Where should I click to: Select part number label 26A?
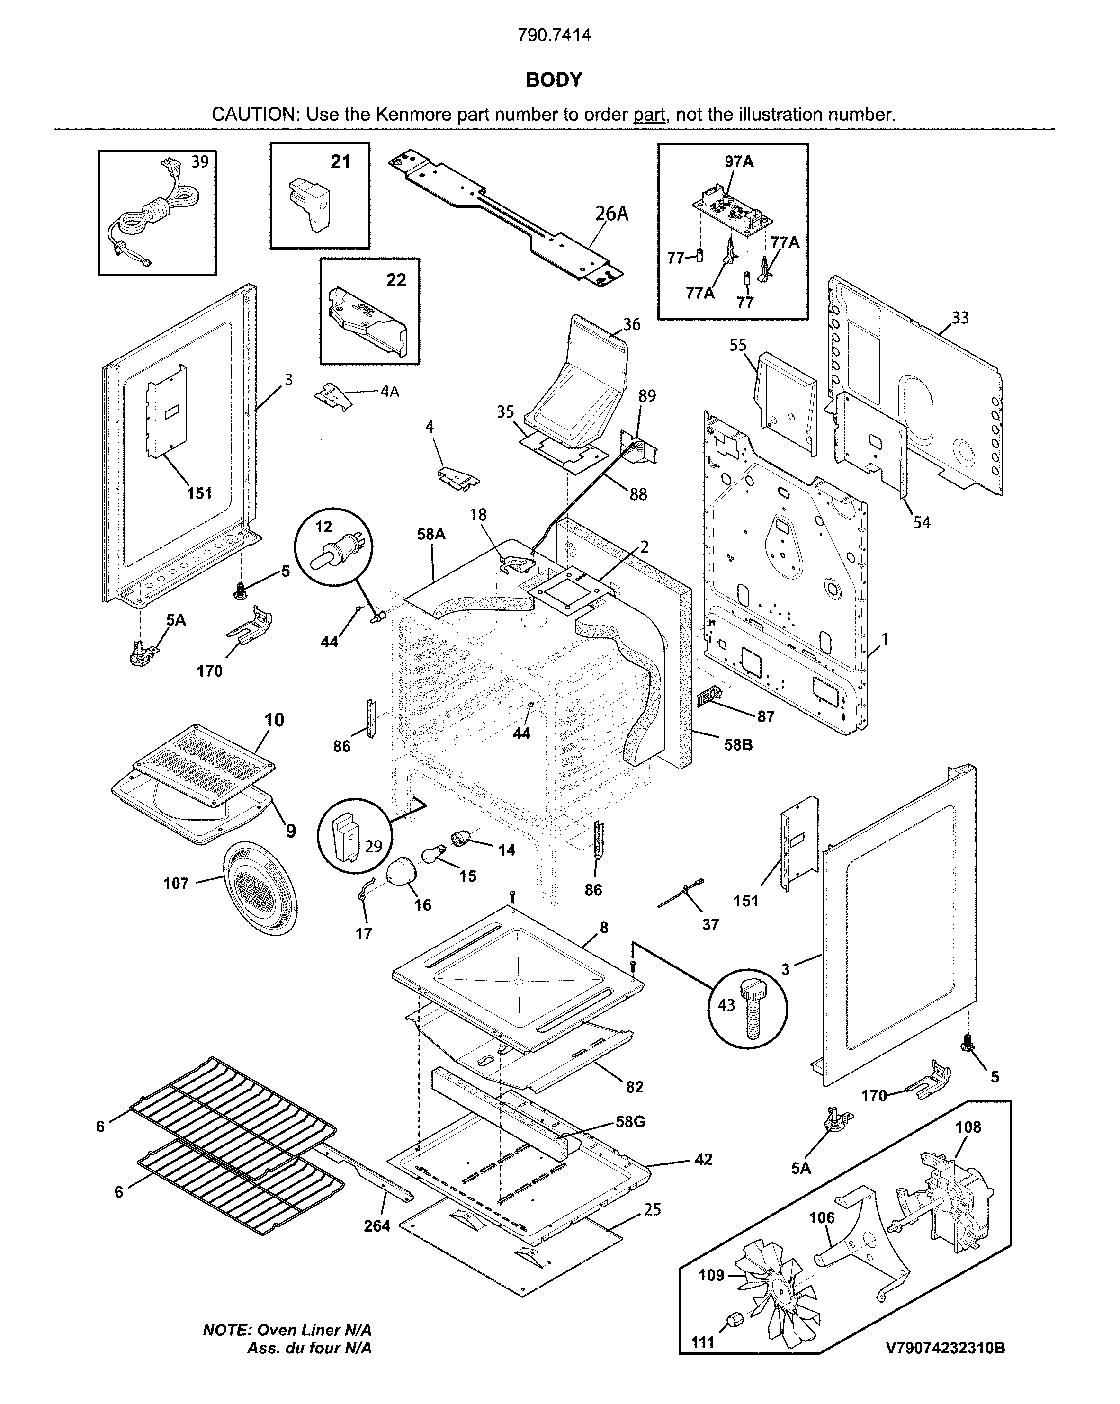click(611, 214)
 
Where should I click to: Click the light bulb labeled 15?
click(431, 853)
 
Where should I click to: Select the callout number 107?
click(176, 884)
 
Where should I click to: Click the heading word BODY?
click(554, 80)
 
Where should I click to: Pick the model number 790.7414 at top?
click(554, 35)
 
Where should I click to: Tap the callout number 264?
click(376, 1226)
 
